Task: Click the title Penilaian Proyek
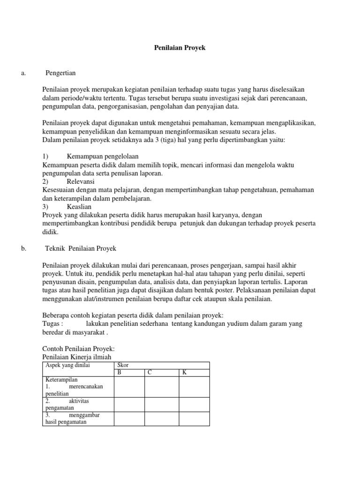pos(180,48)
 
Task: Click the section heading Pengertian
pos(60,73)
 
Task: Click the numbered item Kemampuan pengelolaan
pos(103,156)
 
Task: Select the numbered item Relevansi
pos(81,181)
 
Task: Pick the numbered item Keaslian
pos(79,206)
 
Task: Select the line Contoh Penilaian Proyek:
pos(78,349)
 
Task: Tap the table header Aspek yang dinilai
pos(67,365)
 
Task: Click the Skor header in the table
pos(122,365)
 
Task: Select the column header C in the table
pos(150,372)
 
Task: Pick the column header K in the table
pos(184,372)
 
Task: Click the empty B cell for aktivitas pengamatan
pos(129,405)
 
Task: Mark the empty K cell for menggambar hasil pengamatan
pos(194,419)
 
